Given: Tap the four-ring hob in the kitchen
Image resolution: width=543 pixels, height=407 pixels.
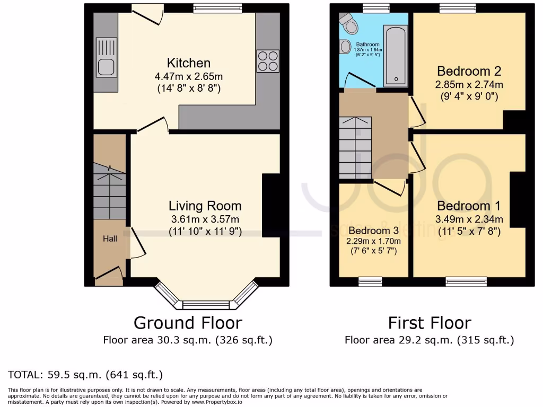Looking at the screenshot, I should pos(268,60).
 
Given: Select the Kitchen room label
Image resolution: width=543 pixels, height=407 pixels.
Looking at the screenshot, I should pos(189,63).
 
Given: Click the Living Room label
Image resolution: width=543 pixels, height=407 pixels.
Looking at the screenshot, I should pos(205,206).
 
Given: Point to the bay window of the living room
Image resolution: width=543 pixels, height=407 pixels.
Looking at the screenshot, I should pos(206,304).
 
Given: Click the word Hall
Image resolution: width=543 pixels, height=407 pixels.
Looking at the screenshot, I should pos(110,239).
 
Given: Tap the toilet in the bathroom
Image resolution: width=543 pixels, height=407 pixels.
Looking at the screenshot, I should pos(349,23).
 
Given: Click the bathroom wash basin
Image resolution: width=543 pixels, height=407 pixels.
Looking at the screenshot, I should pos(346,47).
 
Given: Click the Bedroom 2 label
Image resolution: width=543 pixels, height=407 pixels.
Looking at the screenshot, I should pos(469,71).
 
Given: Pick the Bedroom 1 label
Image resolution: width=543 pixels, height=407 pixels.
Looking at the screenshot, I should pos(469,206).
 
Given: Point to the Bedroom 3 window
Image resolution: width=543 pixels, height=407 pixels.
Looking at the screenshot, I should pos(370,281).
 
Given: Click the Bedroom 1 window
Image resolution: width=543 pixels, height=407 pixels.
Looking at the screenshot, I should pos(466,281).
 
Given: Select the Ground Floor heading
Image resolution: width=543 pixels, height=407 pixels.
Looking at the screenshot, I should pos(188,322).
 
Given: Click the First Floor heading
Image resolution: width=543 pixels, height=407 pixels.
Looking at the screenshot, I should pos(430,322).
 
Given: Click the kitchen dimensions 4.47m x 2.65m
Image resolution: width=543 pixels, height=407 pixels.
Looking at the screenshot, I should pos(188,77).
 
